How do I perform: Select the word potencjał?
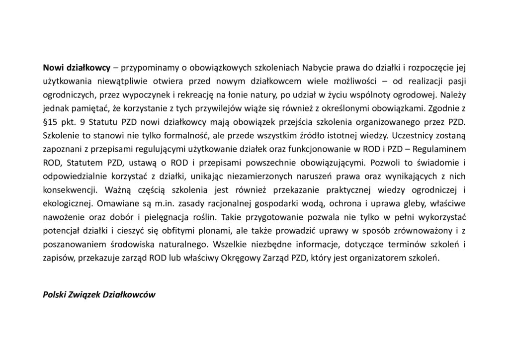(61, 228)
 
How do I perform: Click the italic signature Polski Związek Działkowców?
(99, 294)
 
